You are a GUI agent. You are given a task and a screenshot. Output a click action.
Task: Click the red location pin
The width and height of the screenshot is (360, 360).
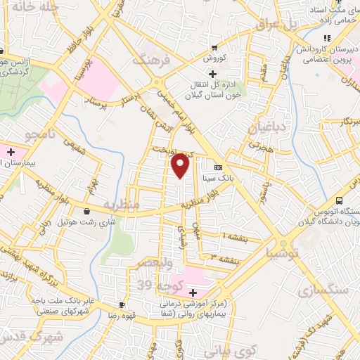[181, 165]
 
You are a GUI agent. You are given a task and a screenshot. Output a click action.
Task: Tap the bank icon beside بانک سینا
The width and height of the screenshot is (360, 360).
[218, 167]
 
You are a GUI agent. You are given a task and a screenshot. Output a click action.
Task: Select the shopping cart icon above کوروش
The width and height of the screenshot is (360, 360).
[214, 48]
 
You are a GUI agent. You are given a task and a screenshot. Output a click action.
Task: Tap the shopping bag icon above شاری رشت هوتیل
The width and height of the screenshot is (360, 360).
[86, 211]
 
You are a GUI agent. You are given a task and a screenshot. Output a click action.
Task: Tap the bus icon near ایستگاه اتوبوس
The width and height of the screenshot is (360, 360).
[340, 181]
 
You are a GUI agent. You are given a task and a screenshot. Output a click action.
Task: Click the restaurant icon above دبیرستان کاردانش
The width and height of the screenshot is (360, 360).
[326, 39]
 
